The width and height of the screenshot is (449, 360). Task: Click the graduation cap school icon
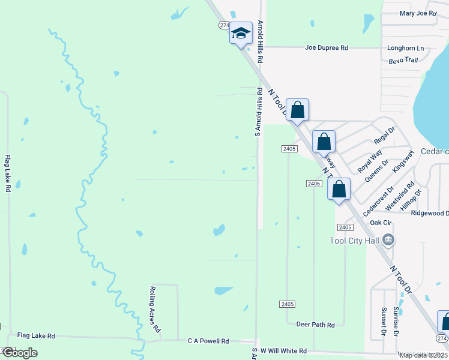[x=241, y=34]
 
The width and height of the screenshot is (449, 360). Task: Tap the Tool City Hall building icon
[x=389, y=241]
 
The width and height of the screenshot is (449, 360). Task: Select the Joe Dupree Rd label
[x=327, y=47]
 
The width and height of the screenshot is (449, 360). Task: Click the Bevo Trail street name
[x=403, y=60]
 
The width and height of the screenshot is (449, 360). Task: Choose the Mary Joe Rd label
[x=417, y=13]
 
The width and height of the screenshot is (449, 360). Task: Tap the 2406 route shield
[x=313, y=183]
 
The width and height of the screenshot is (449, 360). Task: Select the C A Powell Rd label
[x=208, y=341]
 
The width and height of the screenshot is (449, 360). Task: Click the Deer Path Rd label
[x=315, y=325]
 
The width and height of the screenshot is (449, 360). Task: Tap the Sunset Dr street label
[x=383, y=321]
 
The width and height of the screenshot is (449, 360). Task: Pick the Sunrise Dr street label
[x=397, y=321]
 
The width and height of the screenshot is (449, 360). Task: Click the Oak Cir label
[x=381, y=223]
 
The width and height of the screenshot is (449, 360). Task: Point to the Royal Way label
[x=370, y=161]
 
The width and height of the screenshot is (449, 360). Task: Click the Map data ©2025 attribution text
[x=424, y=355]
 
